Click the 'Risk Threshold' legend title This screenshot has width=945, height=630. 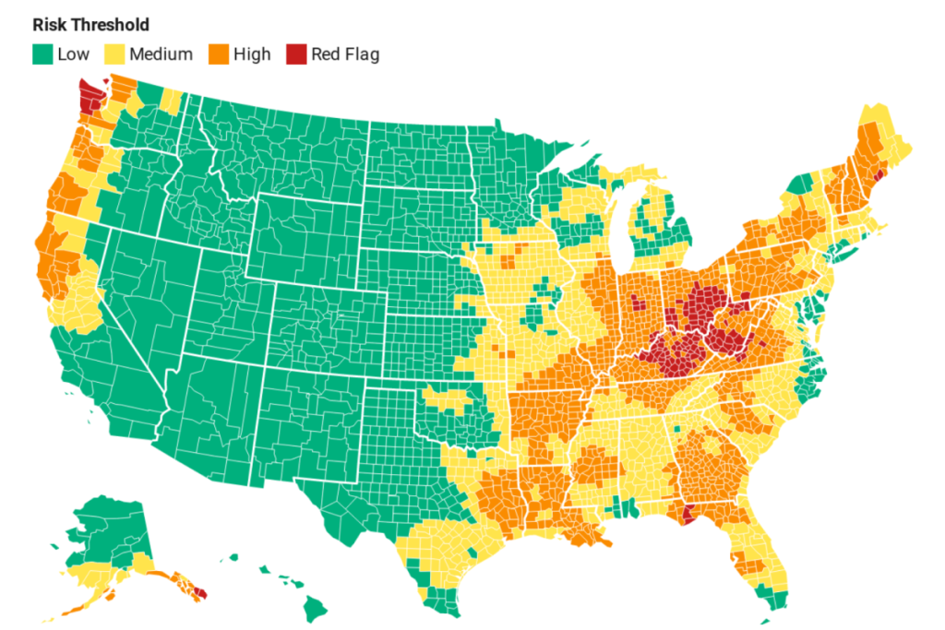pyautogui.click(x=90, y=25)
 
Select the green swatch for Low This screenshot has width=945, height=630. pyautogui.click(x=42, y=53)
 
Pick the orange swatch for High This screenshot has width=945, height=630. pyautogui.click(x=219, y=53)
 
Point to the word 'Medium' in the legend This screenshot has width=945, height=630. pyautogui.click(x=161, y=53)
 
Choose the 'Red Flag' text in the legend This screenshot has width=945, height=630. pyautogui.click(x=344, y=53)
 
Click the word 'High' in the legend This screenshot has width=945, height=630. pyautogui.click(x=252, y=53)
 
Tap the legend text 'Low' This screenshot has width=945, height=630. pyautogui.click(x=73, y=53)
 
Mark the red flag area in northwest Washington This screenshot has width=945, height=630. pyautogui.click(x=89, y=95)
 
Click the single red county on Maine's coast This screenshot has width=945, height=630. pyautogui.click(x=879, y=172)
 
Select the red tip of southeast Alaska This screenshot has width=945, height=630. pyautogui.click(x=202, y=594)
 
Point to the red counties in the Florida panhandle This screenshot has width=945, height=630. pyautogui.click(x=688, y=514)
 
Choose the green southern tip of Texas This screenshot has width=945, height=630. pyautogui.click(x=444, y=604)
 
